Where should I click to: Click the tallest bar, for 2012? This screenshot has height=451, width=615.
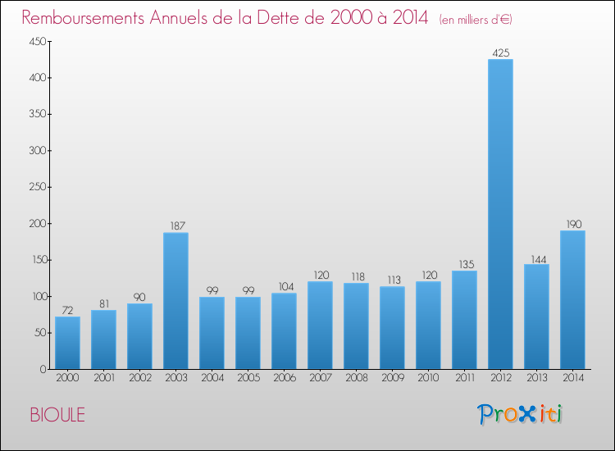(500, 214)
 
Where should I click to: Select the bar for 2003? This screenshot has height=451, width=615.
(175, 301)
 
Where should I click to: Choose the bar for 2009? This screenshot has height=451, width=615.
(392, 328)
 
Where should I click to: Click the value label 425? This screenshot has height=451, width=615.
(500, 52)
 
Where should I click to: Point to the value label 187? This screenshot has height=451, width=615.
(175, 226)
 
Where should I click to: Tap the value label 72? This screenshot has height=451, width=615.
(67, 310)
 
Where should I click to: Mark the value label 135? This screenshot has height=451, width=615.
(464, 264)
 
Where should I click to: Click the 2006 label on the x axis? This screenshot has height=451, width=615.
(284, 378)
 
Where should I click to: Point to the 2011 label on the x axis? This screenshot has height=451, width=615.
(464, 378)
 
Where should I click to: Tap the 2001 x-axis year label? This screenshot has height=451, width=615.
(103, 378)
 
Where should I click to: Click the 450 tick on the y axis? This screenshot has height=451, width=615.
(37, 42)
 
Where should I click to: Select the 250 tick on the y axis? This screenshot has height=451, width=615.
(37, 187)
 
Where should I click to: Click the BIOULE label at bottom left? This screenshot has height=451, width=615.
(57, 415)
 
